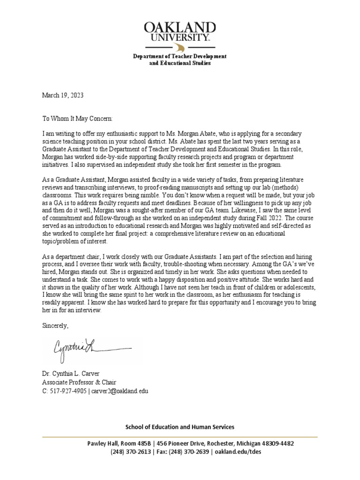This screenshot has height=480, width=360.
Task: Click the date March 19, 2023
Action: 62,95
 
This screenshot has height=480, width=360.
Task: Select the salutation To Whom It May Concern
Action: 77,120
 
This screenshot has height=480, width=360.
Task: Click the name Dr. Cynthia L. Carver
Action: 71,375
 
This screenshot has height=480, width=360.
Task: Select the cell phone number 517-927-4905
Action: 68,390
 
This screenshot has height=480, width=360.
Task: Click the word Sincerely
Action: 55,325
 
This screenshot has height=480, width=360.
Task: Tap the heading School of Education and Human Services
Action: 180,427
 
